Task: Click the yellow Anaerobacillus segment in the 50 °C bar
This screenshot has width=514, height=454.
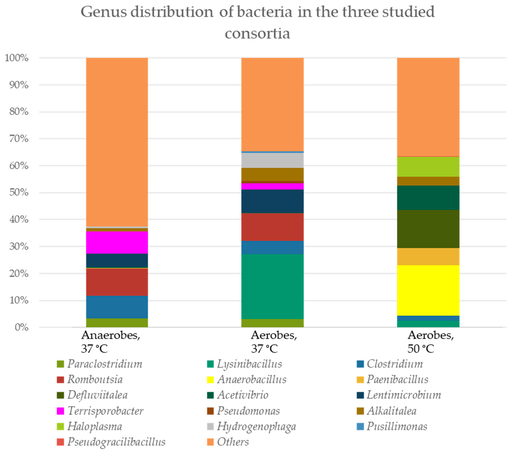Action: [428, 290]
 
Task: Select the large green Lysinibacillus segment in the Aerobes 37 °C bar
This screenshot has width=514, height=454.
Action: [272, 286]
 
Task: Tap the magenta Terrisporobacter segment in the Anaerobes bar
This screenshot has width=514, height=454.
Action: [117, 242]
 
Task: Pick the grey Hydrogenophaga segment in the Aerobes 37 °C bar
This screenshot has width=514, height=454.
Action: [272, 160]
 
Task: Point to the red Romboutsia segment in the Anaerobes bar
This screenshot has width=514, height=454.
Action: [117, 282]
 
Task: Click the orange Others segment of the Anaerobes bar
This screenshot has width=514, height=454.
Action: [117, 142]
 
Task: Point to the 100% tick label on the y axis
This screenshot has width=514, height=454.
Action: [17, 58]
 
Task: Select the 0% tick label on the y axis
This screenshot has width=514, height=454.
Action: [21, 327]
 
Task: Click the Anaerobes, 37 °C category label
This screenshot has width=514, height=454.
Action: [111, 342]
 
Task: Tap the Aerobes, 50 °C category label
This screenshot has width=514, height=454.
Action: [431, 342]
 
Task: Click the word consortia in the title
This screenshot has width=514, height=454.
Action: [257, 33]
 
